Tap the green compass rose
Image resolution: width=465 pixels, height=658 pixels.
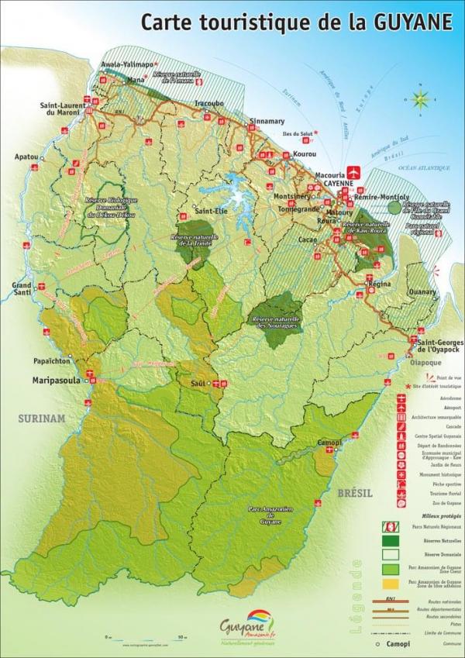420,98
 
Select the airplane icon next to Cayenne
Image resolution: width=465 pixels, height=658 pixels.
356,170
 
